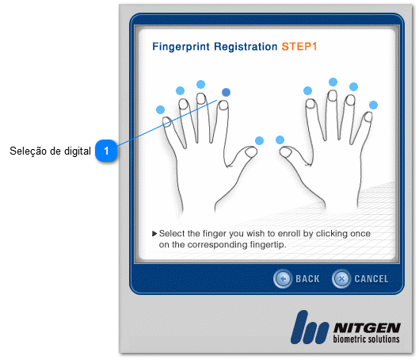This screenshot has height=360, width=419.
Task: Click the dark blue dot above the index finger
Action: click(x=226, y=92)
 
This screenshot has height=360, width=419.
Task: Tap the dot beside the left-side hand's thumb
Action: click(x=259, y=140)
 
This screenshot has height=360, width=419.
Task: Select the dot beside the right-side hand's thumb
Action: click(x=280, y=140)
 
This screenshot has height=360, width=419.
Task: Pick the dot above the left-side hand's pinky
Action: click(x=160, y=109)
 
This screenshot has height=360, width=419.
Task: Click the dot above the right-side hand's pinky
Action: click(x=373, y=105)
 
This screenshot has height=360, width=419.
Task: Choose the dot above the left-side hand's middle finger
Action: click(x=200, y=85)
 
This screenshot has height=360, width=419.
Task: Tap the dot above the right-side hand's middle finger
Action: click(x=333, y=82)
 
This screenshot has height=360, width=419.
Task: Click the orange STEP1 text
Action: click(x=299, y=47)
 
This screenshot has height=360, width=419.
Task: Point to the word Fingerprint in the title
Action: click(x=181, y=47)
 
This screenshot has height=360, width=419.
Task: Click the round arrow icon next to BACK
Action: click(x=283, y=278)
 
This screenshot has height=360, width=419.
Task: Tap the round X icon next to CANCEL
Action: click(x=341, y=278)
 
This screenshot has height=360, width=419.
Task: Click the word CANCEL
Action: click(x=371, y=279)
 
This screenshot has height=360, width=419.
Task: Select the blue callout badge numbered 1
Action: click(x=106, y=151)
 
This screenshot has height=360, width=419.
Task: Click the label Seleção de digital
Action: click(x=50, y=151)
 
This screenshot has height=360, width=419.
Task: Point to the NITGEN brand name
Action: click(x=367, y=328)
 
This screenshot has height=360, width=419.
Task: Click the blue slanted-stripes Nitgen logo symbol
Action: click(x=310, y=327)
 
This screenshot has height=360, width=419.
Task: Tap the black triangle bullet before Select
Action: click(x=154, y=234)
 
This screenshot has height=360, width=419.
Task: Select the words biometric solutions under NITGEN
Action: click(x=367, y=339)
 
